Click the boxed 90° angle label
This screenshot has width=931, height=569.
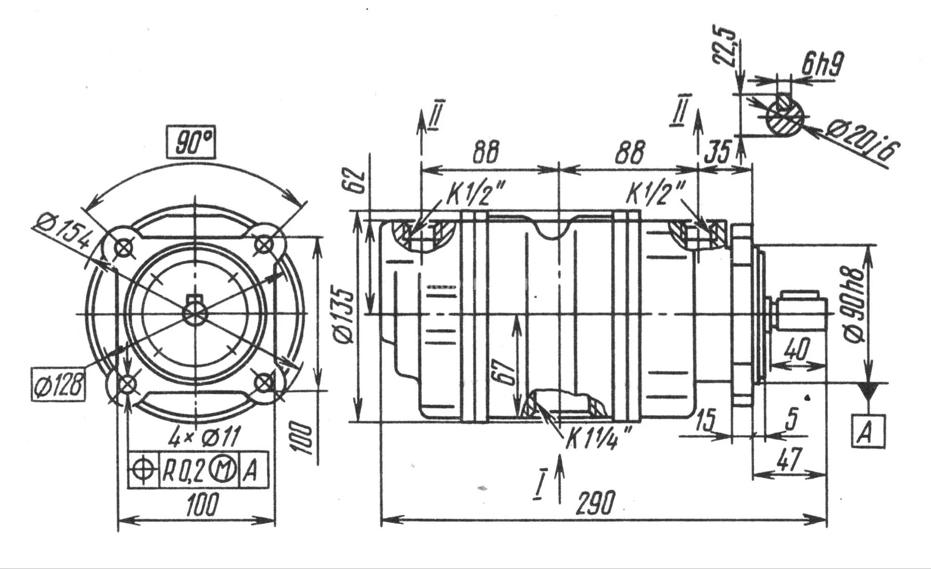(x=190, y=143)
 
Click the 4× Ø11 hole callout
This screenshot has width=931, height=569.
(x=204, y=438)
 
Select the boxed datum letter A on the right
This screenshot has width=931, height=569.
(x=868, y=429)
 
